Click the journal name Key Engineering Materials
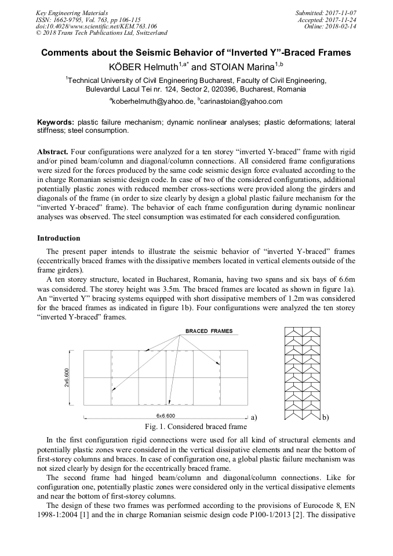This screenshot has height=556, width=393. pyautogui.click(x=71, y=12)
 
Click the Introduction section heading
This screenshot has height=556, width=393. pyautogui.click(x=59, y=238)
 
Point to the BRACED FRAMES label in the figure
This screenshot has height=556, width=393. pyautogui.click(x=209, y=331)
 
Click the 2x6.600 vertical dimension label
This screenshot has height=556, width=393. pyautogui.click(x=67, y=378)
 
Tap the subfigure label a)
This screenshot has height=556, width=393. pyautogui.click(x=253, y=417)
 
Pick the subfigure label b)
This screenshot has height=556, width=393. pyautogui.click(x=325, y=417)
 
